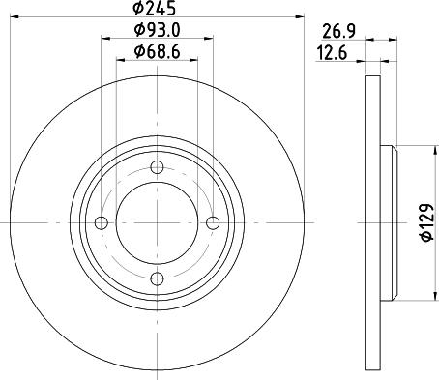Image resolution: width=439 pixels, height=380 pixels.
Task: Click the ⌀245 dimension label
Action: click(x=155, y=8)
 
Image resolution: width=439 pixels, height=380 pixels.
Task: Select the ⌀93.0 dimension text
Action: click(x=157, y=30)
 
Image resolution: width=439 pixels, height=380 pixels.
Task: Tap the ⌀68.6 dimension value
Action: click(x=157, y=51)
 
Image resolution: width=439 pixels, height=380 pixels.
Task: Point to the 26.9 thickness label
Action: click(x=338, y=32)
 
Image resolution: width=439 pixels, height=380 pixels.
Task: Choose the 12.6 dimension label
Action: click(x=333, y=53)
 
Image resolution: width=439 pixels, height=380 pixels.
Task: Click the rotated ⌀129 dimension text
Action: click(x=426, y=222)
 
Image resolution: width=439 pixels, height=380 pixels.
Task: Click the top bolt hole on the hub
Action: click(x=157, y=167)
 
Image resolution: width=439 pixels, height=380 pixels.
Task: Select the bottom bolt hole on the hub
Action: click(x=157, y=278)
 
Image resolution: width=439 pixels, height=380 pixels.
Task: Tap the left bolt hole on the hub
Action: click(x=102, y=222)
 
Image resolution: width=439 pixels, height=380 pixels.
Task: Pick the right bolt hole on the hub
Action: click(x=213, y=222)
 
